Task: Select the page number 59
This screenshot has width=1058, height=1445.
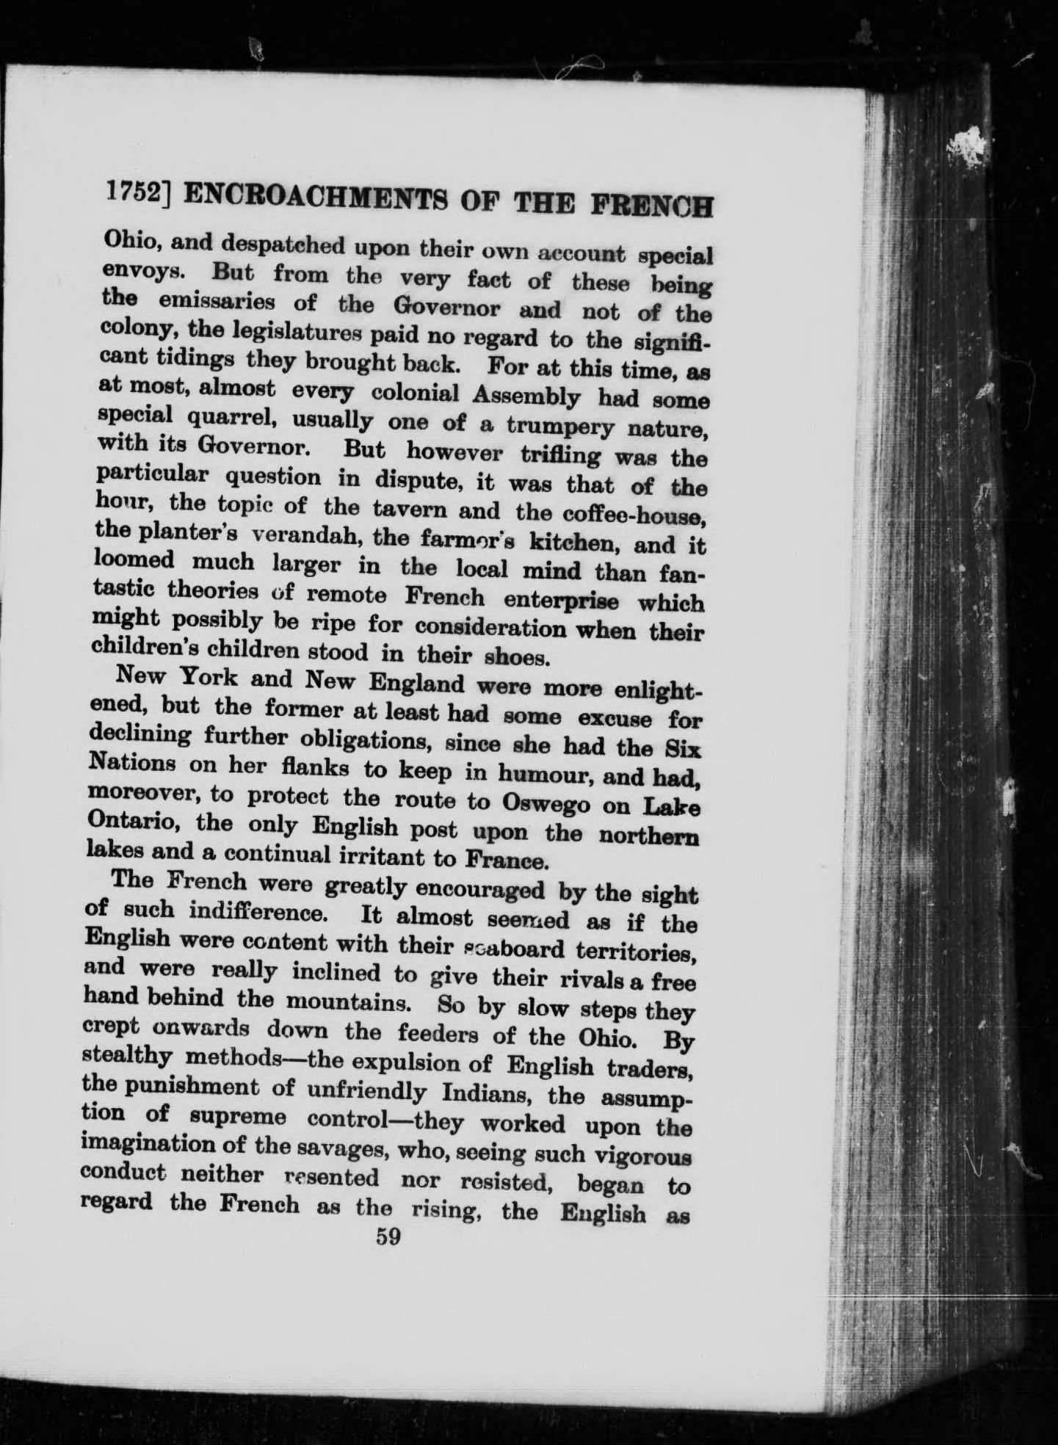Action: (x=388, y=1236)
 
